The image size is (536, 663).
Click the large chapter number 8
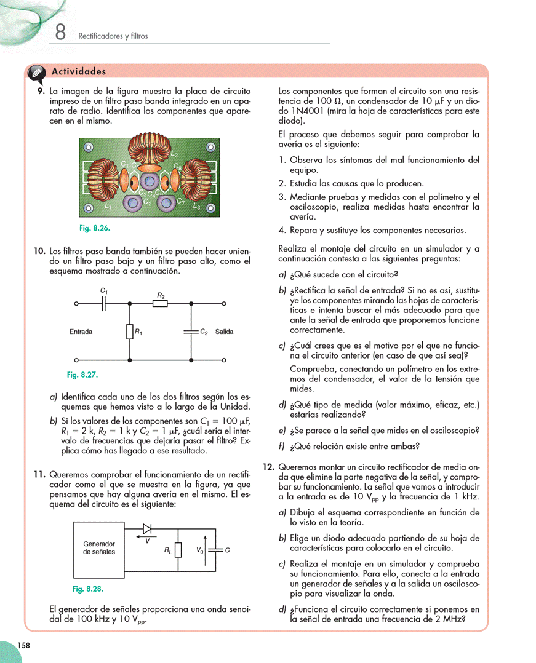60,32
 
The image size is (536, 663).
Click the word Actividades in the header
79,72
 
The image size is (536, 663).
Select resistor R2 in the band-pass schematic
161,303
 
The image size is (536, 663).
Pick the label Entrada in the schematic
81,331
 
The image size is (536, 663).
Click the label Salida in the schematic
225,331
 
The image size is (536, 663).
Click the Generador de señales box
99,547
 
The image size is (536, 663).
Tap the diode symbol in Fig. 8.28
147,529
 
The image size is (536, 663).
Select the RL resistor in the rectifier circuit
178,550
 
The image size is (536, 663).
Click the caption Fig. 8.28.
87,589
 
